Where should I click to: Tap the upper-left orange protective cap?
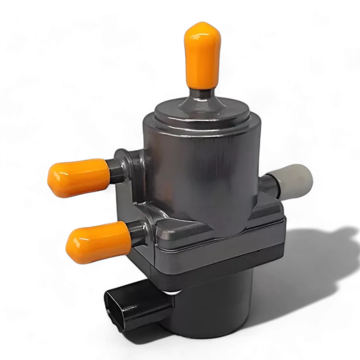pyautogui.click(x=79, y=177)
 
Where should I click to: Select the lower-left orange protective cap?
pyautogui.click(x=98, y=239)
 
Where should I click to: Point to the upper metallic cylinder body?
pyautogui.click(x=202, y=171)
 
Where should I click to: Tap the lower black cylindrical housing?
pyautogui.click(x=211, y=310)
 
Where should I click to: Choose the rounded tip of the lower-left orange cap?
pyautogui.click(x=70, y=246)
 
